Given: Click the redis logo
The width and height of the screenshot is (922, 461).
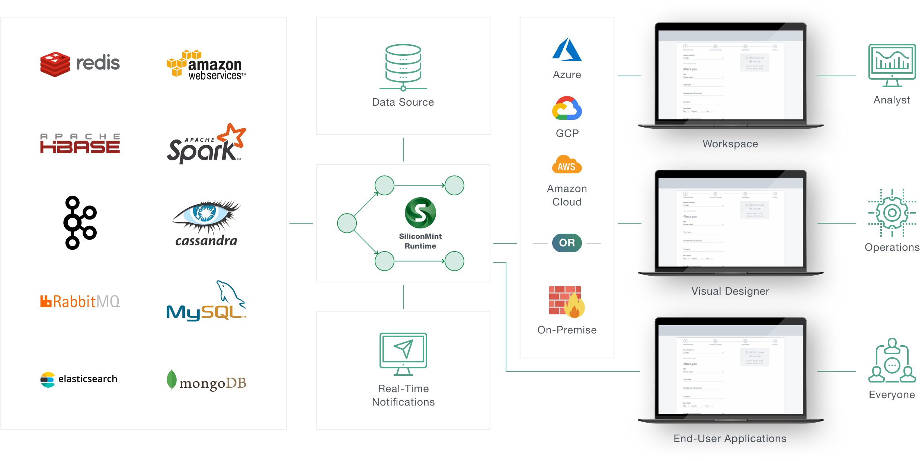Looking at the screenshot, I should tap(80, 64).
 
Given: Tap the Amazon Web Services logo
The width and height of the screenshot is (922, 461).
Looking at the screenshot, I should tap(206, 65).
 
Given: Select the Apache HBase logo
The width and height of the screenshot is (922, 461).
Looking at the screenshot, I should tap(80, 144).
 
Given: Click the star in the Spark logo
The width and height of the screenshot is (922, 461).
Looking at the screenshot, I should tap(233, 135).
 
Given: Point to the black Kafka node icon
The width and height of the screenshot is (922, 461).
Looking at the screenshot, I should tap(80, 223).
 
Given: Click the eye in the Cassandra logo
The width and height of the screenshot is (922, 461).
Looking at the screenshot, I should tap(205, 213).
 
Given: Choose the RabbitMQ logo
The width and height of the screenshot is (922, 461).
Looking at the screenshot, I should tap(80, 301).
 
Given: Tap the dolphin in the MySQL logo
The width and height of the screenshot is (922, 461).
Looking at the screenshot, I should tap(229, 292).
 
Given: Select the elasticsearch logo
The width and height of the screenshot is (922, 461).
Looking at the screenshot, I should tap(79, 379).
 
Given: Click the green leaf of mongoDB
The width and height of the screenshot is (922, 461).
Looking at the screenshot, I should tap(172, 380).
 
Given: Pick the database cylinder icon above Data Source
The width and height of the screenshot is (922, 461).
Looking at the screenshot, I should tap(403, 67).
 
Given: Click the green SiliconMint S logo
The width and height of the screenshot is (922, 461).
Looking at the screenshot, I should tap(420, 213).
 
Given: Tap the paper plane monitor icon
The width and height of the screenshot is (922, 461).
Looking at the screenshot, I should tap(403, 354).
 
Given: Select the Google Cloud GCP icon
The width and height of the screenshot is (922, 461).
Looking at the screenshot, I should tap(567, 108).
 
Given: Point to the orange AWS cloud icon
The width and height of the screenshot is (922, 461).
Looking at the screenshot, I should tap(567, 165).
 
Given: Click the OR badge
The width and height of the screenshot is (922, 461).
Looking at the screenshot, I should tap(567, 243).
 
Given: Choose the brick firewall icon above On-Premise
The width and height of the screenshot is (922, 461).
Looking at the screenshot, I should tap(567, 301).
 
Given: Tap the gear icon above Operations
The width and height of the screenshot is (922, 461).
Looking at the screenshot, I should tap(892, 213).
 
